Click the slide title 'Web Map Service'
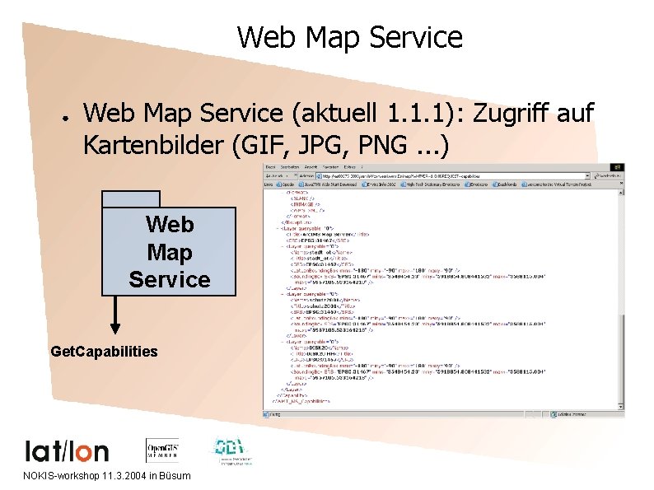coord(349,37)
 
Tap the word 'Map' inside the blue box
coord(169,251)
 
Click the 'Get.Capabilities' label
coord(104,352)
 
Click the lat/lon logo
coord(67,450)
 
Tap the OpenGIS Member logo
coord(163,450)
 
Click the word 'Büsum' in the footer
coord(175,476)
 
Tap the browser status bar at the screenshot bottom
coord(443,412)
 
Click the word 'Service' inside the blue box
coord(169,279)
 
